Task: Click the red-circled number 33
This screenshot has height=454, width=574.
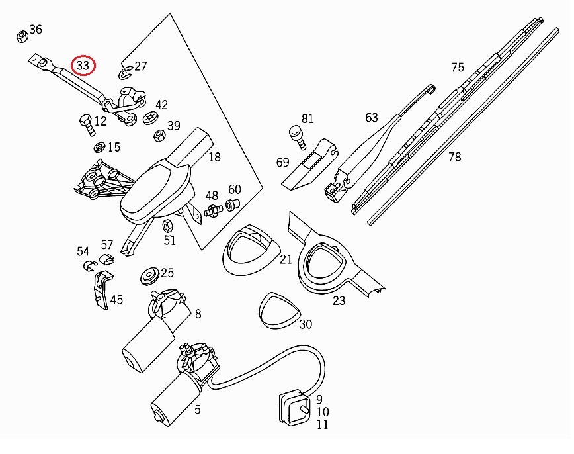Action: tap(83, 66)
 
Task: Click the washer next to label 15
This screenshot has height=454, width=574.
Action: tap(99, 146)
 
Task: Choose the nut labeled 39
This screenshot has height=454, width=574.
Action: tap(159, 136)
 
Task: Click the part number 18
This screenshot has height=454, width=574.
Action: tap(214, 157)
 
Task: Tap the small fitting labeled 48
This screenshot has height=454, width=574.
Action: tap(212, 212)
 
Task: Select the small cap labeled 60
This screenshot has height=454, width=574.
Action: tap(233, 204)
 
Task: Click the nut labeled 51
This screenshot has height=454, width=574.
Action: tap(168, 225)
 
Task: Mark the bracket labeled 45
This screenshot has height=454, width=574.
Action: tap(101, 289)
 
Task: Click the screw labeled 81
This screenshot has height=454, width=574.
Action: tap(296, 136)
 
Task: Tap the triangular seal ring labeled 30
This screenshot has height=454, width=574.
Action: tap(276, 310)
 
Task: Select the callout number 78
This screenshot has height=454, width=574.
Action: tap(454, 157)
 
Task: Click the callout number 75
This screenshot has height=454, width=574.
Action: tap(458, 67)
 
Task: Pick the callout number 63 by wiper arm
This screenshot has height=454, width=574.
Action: tap(372, 118)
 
